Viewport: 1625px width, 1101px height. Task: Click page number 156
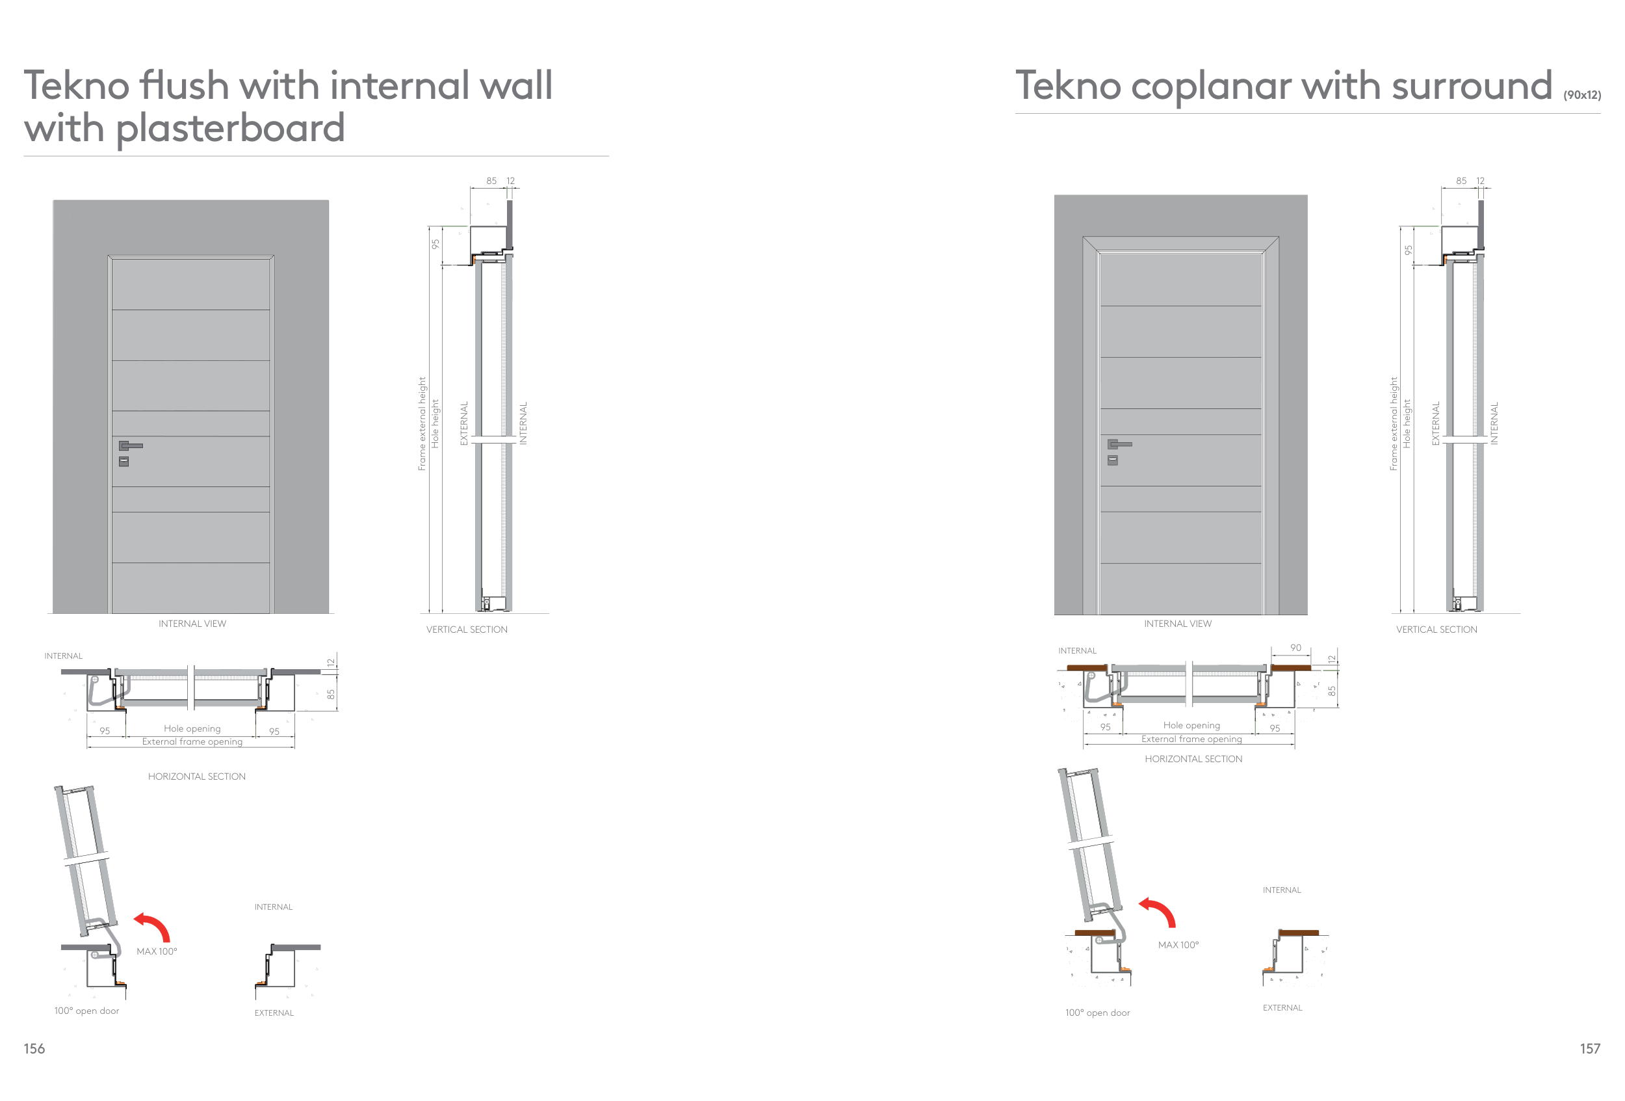(34, 1048)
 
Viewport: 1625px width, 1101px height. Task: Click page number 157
(1589, 1048)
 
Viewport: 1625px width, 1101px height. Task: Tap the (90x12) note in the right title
(1581, 95)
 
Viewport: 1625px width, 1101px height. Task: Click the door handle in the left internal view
(130, 445)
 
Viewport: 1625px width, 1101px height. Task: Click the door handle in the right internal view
(1119, 444)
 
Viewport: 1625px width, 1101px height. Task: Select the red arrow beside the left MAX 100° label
(153, 927)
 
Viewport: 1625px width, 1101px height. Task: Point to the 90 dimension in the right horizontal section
(1295, 648)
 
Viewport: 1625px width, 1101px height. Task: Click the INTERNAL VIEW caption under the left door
(192, 623)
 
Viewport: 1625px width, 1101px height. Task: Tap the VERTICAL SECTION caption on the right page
(1436, 630)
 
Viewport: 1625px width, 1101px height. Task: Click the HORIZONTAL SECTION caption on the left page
(196, 776)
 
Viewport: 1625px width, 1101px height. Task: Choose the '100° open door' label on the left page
(86, 1011)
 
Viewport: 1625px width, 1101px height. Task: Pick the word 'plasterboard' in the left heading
(230, 129)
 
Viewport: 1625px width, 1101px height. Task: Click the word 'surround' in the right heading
(1471, 86)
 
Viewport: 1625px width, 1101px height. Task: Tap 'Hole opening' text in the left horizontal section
(192, 728)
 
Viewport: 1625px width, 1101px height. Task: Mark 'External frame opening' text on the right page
(1191, 739)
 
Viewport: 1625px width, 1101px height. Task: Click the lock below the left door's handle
(123, 462)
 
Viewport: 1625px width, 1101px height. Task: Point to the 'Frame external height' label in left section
(422, 424)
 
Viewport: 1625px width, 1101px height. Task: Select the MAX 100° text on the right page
(1178, 945)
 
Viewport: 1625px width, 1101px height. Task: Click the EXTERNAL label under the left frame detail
(274, 1013)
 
